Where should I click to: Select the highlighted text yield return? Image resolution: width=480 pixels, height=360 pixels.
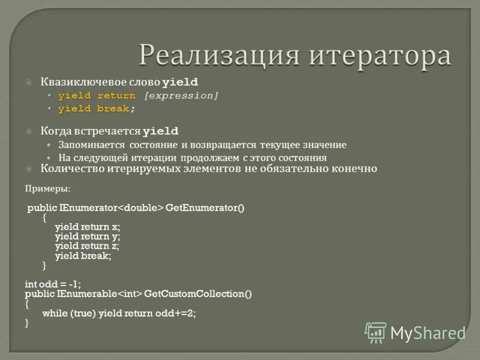[97, 95]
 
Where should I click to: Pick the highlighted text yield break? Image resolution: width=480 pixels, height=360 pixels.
[94, 109]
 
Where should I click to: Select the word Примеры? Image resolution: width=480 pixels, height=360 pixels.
[47, 188]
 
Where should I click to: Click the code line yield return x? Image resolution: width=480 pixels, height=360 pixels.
[88, 227]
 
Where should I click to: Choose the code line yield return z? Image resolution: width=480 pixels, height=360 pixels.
[88, 245]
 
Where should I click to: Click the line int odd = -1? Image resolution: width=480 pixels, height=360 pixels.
[53, 284]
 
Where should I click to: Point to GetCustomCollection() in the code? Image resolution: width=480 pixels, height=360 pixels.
[198, 294]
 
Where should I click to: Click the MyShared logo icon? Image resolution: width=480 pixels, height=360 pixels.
[376, 332]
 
